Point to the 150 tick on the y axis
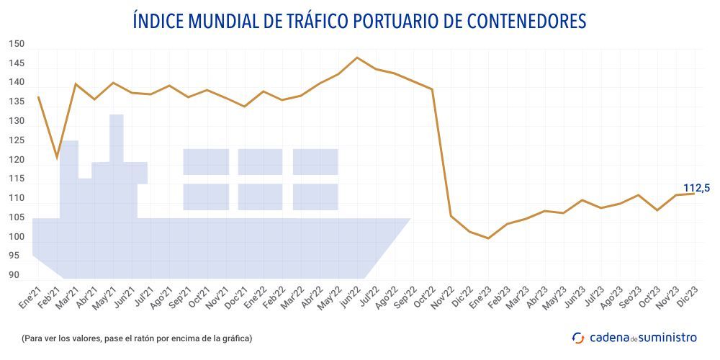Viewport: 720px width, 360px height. (x=17, y=44)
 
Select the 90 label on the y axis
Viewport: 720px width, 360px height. (x=14, y=275)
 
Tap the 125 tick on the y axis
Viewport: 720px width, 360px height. (x=17, y=140)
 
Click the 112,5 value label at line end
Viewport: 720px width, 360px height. (x=696, y=188)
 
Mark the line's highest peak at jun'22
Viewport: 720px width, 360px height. (x=357, y=58)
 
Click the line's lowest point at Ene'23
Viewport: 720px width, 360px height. (x=488, y=238)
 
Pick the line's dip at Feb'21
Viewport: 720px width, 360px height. (x=57, y=157)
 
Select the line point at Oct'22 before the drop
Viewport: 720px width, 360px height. (x=432, y=89)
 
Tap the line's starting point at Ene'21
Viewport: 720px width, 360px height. (x=38, y=97)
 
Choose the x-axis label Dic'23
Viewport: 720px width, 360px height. (x=687, y=296)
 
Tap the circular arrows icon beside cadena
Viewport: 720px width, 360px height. (x=578, y=337)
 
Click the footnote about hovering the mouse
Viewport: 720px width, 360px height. (x=137, y=338)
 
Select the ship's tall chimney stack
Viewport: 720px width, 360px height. (x=117, y=137)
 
